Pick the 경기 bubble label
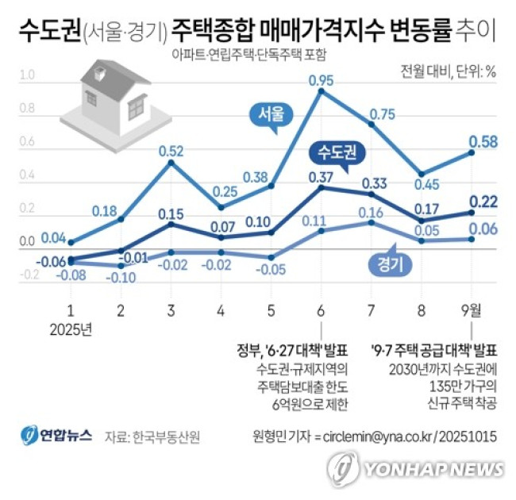tap(385, 264)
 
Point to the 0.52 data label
tap(171, 151)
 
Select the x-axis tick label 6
tap(320, 310)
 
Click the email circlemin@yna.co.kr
tap(373, 437)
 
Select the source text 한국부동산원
tap(167, 437)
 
